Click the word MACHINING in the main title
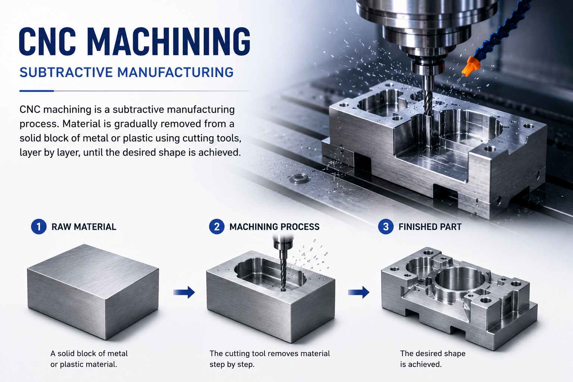click(x=169, y=41)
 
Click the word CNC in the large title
click(x=48, y=41)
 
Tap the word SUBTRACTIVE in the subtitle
click(x=66, y=72)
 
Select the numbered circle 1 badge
click(x=39, y=227)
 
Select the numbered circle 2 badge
click(x=217, y=227)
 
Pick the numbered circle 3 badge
click(x=386, y=227)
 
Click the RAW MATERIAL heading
click(x=84, y=227)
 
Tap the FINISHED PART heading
click(x=430, y=227)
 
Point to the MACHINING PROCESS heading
click(x=275, y=227)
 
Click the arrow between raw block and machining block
click(x=184, y=292)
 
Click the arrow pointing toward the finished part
click(x=358, y=292)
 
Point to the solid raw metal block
click(x=93, y=292)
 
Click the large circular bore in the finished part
click(x=460, y=279)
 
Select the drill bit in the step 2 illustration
click(x=283, y=274)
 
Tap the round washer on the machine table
click(x=298, y=178)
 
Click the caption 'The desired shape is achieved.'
click(x=433, y=359)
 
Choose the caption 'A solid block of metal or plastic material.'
click(x=89, y=359)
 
